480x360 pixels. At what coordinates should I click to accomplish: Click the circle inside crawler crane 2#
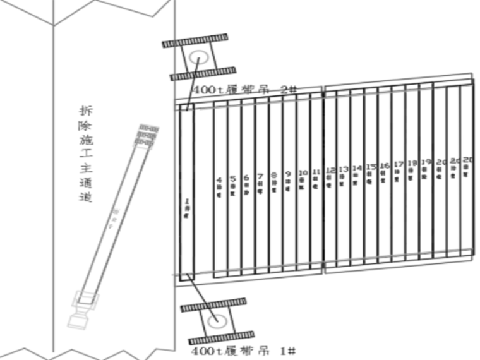pos(198,58)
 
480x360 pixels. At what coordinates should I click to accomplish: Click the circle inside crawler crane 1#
pos(217,320)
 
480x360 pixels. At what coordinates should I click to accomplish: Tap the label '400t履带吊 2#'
pos(244,90)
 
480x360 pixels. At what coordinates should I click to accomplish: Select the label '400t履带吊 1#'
pos(243,350)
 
